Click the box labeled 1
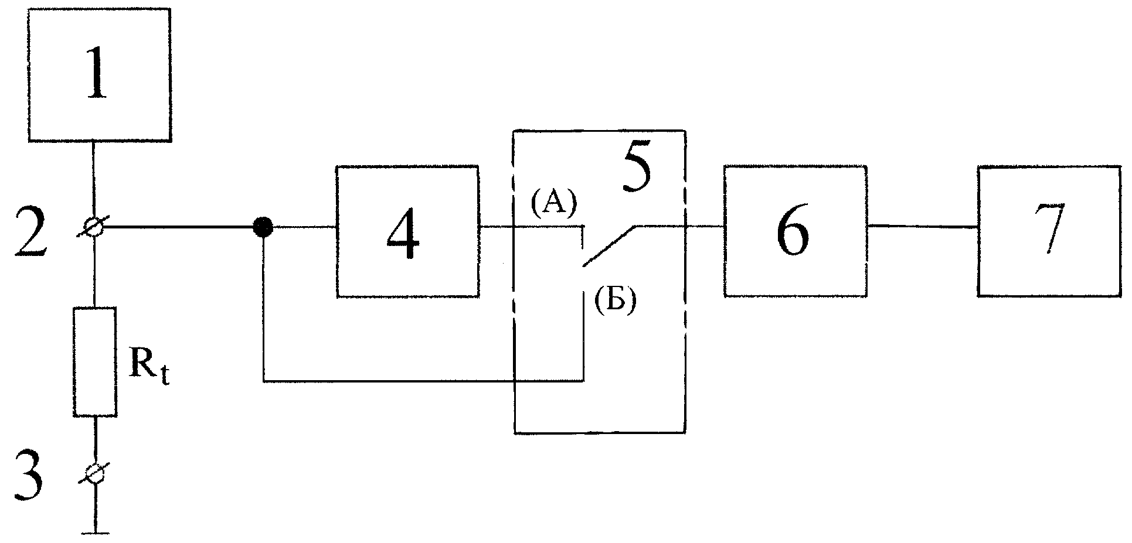click(99, 74)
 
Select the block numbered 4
click(407, 231)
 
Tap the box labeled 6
click(795, 231)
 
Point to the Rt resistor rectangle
click(94, 361)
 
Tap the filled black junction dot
click(263, 227)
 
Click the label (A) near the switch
click(554, 204)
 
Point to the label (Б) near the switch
click(614, 303)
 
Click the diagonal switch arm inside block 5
click(610, 246)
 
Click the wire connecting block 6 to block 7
click(922, 227)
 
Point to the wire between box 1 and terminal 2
click(94, 179)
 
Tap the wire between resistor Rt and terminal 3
click(94, 439)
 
